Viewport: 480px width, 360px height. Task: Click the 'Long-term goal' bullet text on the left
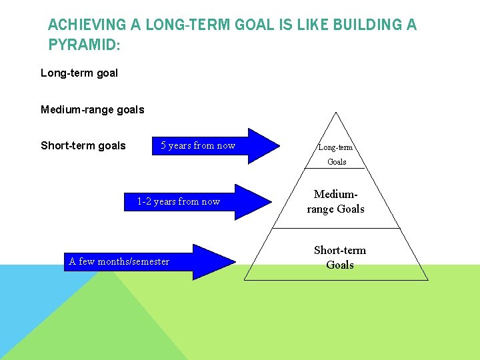pyautogui.click(x=79, y=73)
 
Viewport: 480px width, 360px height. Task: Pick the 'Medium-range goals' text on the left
pyautogui.click(x=92, y=109)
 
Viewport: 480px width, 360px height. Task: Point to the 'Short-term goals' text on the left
pyautogui.click(x=83, y=145)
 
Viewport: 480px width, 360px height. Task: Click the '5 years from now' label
pyautogui.click(x=198, y=145)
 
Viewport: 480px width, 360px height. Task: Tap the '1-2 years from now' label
pyautogui.click(x=178, y=201)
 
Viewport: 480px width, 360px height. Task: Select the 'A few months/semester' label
pyautogui.click(x=119, y=261)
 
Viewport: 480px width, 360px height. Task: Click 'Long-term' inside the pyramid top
pyautogui.click(x=335, y=147)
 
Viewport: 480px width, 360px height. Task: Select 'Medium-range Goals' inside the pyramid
pyautogui.click(x=335, y=201)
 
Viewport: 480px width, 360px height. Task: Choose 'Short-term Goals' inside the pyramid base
pyautogui.click(x=339, y=257)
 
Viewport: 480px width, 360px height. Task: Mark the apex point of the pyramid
pyautogui.click(x=336, y=112)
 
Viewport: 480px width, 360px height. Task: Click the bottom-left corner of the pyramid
pyautogui.click(x=245, y=280)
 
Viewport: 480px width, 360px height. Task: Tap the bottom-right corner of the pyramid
pyautogui.click(x=427, y=280)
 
